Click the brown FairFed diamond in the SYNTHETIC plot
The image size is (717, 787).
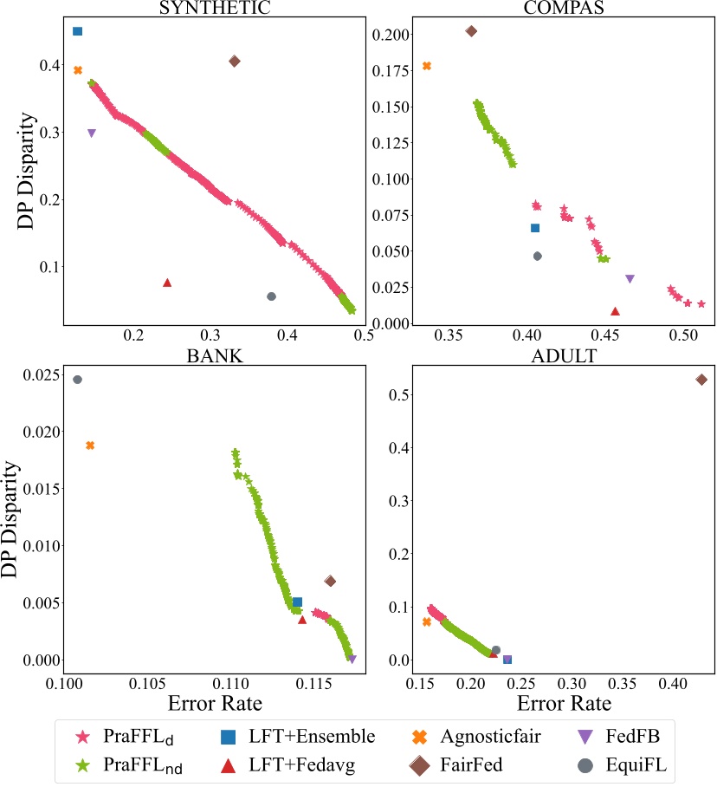pos(235,61)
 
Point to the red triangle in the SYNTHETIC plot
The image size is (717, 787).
pos(167,283)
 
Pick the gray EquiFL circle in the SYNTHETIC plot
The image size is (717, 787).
pos(271,296)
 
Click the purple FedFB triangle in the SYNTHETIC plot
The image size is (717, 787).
pos(92,133)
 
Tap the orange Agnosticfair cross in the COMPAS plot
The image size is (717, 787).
pos(426,66)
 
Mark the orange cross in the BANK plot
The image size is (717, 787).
pos(90,446)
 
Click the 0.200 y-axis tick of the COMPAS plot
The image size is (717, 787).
pos(387,36)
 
